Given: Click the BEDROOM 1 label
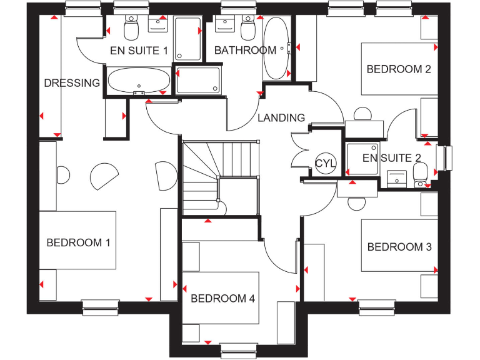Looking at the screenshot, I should (x=78, y=242).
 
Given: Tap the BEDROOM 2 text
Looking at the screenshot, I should (x=399, y=69).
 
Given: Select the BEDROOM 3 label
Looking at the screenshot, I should (x=399, y=247).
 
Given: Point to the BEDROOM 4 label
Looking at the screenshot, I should (x=222, y=299).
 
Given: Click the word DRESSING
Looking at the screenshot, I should (x=72, y=82).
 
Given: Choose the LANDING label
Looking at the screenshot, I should (x=281, y=117).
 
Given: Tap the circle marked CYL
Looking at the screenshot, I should (x=326, y=164).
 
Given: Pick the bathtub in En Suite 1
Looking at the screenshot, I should (x=138, y=81).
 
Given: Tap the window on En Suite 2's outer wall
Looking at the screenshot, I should (x=446, y=157).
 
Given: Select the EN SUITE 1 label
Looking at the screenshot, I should (x=139, y=51).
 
